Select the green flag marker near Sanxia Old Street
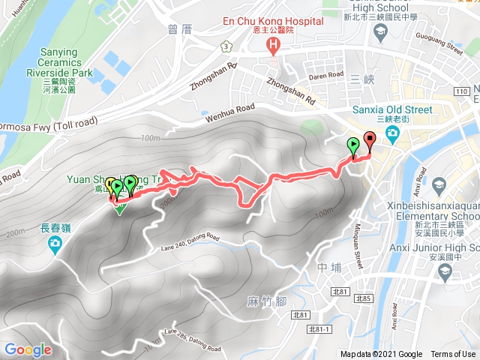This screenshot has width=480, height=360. (x=352, y=145)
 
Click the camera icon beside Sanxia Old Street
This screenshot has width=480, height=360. (x=391, y=133)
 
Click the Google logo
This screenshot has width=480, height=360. (x=28, y=349)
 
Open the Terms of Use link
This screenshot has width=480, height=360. (x=453, y=355)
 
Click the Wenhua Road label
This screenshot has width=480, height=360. (x=229, y=112)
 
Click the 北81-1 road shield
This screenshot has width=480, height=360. (x=319, y=328)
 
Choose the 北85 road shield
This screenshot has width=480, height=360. (x=364, y=299)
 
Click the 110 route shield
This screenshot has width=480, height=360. (x=463, y=91)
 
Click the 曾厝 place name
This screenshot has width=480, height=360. (x=181, y=30)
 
